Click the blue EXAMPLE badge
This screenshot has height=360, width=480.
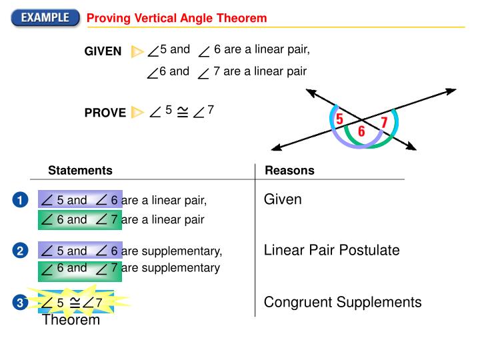coord(44,17)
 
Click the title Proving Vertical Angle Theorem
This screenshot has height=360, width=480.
coord(177,18)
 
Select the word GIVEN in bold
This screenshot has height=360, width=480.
coord(103,51)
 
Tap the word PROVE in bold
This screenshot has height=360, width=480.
coord(105,113)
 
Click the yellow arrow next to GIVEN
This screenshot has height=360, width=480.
coord(137,51)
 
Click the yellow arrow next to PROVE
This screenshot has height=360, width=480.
coord(137,112)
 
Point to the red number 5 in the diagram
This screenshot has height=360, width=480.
coord(339,119)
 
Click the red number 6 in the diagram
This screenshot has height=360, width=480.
coord(361,132)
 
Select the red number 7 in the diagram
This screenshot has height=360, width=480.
coord(384,123)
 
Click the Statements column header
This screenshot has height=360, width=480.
coord(80,171)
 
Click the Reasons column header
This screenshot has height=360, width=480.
coord(289,171)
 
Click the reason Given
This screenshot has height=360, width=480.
coord(283,199)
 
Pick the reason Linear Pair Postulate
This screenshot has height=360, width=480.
coord(331,251)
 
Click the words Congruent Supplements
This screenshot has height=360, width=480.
coord(343,303)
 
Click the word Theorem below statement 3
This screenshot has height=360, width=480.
coord(71,320)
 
